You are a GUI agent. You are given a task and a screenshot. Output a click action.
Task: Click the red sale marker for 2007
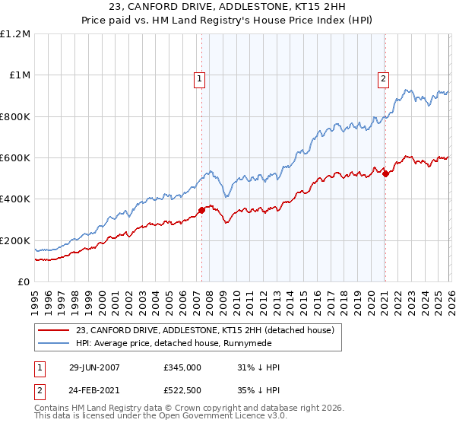(201, 210)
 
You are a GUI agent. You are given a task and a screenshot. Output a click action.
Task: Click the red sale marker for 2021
(385, 173)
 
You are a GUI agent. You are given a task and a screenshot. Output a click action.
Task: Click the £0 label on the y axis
(24, 282)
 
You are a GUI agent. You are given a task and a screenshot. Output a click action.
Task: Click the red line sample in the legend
(55, 330)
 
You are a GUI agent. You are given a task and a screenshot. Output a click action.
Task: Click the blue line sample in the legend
(55, 344)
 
